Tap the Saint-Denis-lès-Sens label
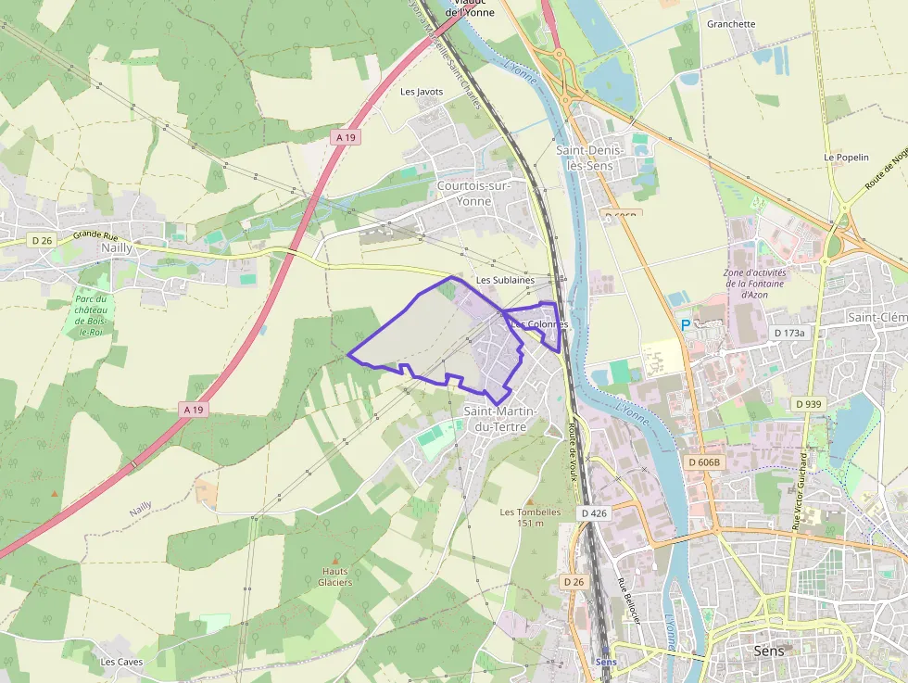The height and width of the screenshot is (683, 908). coord(590,158)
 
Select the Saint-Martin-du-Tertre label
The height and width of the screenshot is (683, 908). coord(500,419)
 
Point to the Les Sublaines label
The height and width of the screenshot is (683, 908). coord(505,280)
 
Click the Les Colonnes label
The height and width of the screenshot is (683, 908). coord(539,324)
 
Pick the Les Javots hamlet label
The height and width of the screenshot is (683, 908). coord(422,92)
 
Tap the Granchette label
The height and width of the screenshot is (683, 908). coord(731,24)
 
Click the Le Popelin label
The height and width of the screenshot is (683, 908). coord(846,158)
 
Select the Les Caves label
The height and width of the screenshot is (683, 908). coord(121,662)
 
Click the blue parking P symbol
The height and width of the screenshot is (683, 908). coord(686,325)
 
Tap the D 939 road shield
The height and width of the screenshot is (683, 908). coord(808,404)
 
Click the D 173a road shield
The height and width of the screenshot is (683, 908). coord(790,332)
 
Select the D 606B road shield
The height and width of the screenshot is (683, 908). coord(704,462)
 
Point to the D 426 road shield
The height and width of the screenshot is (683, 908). coord(594,512)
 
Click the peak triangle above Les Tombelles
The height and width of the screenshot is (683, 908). coord(530,500)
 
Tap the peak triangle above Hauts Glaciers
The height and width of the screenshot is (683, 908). coord(335,559)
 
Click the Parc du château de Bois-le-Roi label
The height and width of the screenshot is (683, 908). coord(91,315)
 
